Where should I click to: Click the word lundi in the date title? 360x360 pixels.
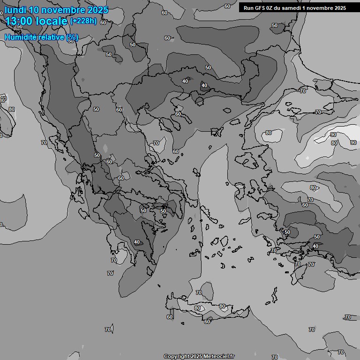click(x=15, y=10)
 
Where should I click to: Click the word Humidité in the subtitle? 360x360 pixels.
click(x=21, y=37)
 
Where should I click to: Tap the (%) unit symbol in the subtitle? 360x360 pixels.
click(x=72, y=37)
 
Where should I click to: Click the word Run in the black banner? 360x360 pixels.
click(x=248, y=8)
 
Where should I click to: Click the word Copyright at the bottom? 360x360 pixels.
click(x=176, y=357)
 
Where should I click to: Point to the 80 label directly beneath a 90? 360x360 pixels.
click(x=334, y=142)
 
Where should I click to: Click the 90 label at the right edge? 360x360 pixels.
click(x=353, y=142)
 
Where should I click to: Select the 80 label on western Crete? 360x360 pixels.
click(x=197, y=308)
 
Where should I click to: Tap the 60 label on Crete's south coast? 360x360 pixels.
click(x=207, y=322)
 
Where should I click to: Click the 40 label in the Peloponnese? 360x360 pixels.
click(x=136, y=242)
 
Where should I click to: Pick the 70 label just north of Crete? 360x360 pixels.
click(x=199, y=292)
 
